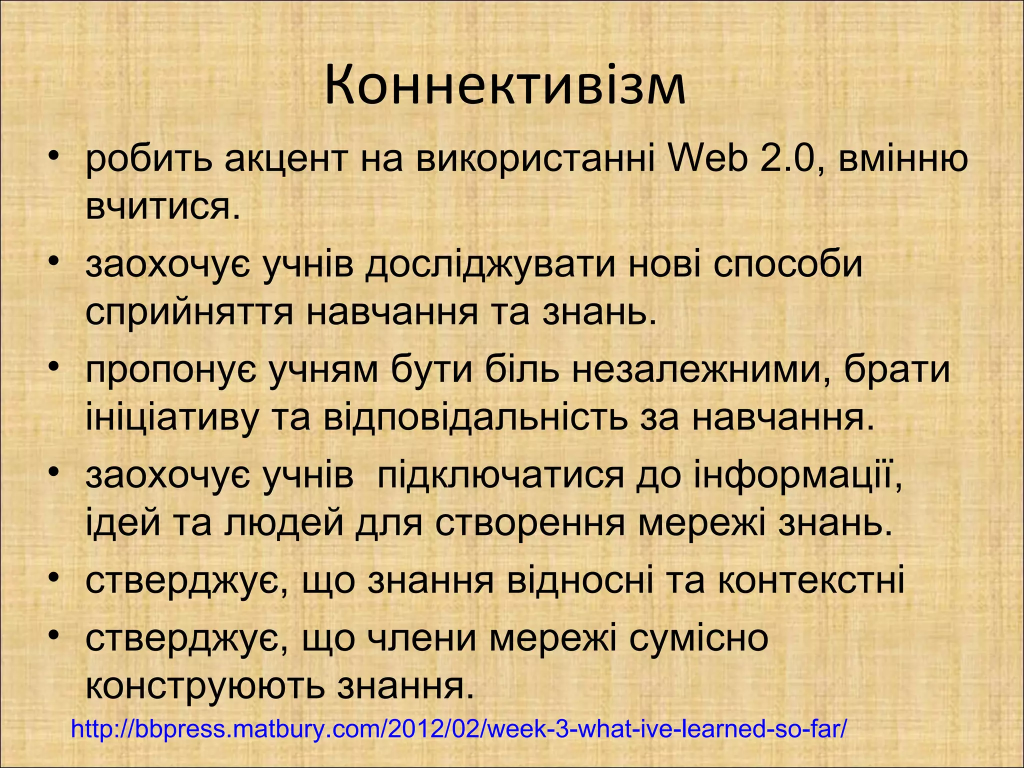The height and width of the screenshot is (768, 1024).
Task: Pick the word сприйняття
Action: pyautogui.click(x=189, y=313)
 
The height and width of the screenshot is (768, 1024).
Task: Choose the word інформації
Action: pyautogui.click(x=797, y=476)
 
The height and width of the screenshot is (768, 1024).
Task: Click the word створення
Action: pyautogui.click(x=530, y=523)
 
